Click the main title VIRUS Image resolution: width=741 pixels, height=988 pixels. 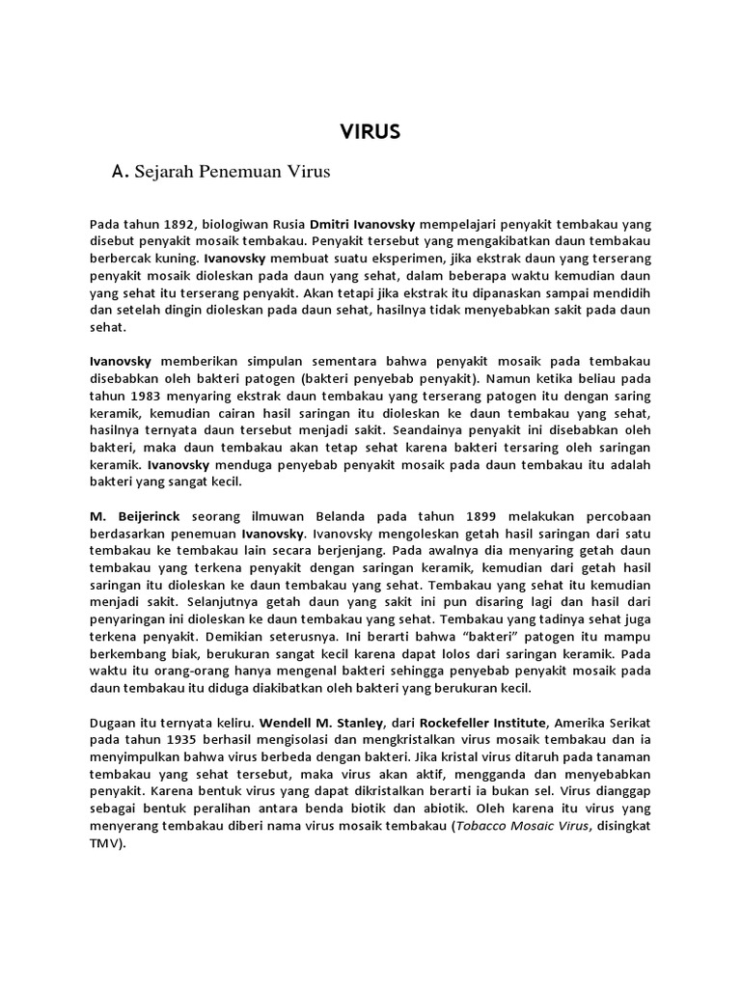click(x=370, y=133)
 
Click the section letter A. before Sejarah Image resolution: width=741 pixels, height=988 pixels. click(x=121, y=173)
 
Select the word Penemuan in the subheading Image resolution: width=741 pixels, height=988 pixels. click(x=236, y=173)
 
